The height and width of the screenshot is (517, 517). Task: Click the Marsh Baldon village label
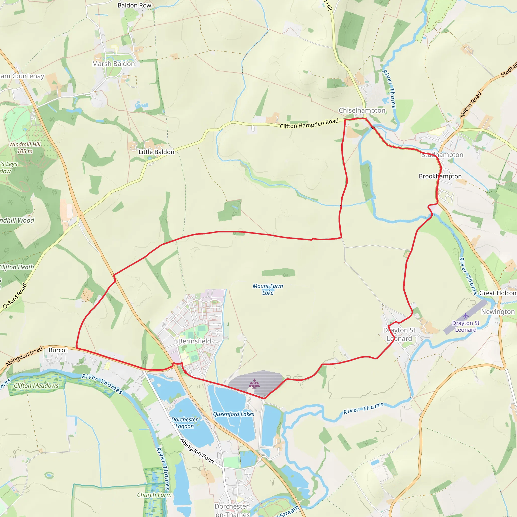click(x=113, y=64)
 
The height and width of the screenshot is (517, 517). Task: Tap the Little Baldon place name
click(x=156, y=152)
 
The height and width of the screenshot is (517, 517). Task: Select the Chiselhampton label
click(x=362, y=110)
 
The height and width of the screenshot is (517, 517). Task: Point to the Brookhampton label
click(x=440, y=176)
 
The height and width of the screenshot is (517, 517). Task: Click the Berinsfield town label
click(x=195, y=341)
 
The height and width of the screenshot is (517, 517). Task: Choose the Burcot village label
click(x=58, y=350)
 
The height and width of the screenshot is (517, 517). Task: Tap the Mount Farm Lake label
click(x=268, y=289)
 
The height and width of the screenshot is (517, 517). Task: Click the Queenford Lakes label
click(x=234, y=414)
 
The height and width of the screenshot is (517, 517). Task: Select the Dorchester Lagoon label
click(x=185, y=423)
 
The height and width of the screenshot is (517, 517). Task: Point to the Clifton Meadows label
click(x=36, y=386)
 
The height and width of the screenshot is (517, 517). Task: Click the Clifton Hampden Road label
click(x=309, y=124)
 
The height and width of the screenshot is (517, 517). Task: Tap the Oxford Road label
click(x=15, y=296)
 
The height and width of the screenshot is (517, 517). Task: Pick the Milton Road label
click(x=471, y=105)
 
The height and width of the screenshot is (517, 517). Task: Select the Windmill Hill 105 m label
click(x=25, y=148)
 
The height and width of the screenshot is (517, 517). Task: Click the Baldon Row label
click(x=134, y=5)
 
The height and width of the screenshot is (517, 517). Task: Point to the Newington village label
click(x=498, y=312)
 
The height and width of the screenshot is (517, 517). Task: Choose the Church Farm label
click(x=154, y=495)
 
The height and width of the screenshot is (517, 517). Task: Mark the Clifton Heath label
click(x=17, y=267)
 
